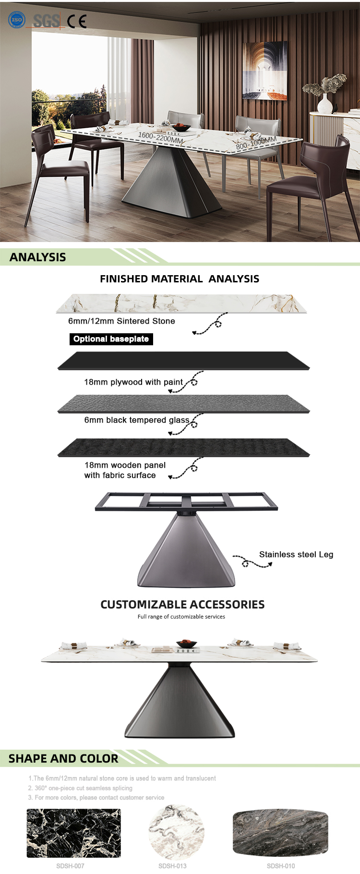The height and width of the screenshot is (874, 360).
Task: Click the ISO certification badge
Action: (17, 20)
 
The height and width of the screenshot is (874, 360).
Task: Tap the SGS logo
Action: (47, 21)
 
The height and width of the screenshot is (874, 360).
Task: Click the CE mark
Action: (77, 22)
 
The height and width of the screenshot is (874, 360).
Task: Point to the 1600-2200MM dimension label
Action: (161, 138)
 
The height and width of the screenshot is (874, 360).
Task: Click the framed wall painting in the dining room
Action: (265, 71)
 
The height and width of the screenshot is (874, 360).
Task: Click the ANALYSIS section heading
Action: (38, 257)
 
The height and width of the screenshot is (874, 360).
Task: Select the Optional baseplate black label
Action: (111, 339)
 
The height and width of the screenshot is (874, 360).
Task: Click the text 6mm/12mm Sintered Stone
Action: (121, 321)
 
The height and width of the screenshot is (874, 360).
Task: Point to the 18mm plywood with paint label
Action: (133, 382)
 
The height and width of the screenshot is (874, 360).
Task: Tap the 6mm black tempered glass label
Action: (137, 420)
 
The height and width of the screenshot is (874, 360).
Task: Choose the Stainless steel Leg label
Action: (296, 554)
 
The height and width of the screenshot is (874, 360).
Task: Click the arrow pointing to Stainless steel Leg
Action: (252, 561)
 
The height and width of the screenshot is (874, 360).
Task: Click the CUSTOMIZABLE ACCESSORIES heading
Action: (182, 604)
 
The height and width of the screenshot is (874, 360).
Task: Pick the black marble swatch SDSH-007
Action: (73, 833)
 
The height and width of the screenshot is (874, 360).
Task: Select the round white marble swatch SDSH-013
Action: (177, 833)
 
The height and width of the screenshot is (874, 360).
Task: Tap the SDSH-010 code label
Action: (281, 865)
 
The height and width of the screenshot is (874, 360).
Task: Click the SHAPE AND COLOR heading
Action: (63, 758)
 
